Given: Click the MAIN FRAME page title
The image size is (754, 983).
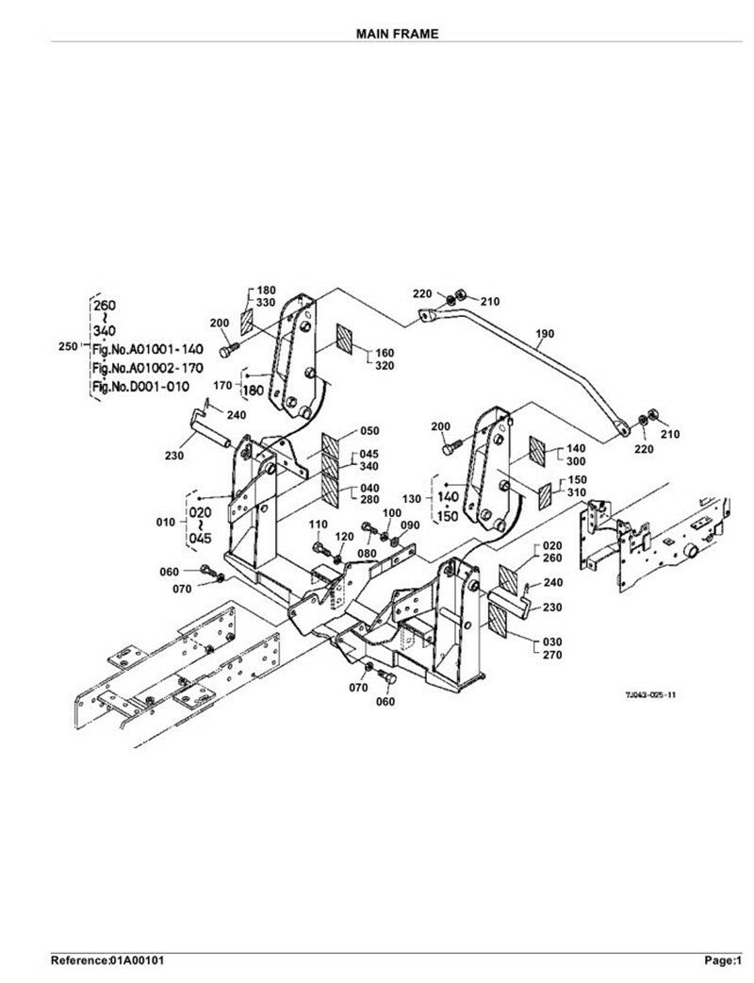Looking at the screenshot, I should [397, 33].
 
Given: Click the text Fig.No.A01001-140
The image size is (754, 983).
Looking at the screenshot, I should [140, 348].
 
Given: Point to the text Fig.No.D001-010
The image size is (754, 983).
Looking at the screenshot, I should [139, 385].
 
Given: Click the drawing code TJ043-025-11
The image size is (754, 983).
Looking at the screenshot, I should [650, 694].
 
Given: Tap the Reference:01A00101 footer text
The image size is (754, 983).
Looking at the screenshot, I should [109, 960].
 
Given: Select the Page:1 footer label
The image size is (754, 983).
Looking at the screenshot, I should [725, 960].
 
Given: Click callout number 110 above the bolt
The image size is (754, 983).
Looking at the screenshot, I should [318, 525].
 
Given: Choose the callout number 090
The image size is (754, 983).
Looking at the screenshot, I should [410, 525].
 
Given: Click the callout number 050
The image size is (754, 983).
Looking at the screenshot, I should [369, 431].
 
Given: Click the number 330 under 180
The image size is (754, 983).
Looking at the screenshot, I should [266, 302].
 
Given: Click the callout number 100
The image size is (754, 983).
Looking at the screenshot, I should [391, 512].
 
